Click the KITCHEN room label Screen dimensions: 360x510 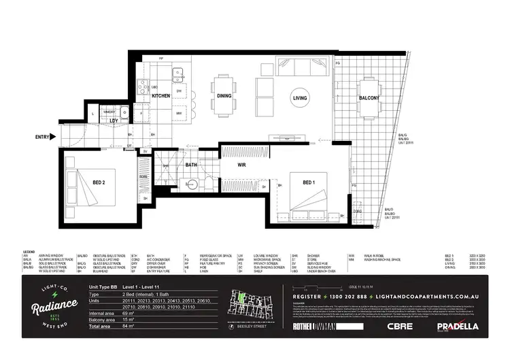pos(160,97)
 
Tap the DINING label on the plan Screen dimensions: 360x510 pos(224,97)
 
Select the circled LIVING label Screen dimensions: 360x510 pos(300,99)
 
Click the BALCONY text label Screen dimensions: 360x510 pos(369,98)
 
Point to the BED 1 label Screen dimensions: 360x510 pos(309,182)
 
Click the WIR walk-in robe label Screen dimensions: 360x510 pos(241,165)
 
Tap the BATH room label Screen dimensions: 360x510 pos(191,165)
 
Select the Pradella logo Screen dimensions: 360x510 pos(457,326)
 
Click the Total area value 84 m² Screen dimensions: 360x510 pos(124,327)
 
